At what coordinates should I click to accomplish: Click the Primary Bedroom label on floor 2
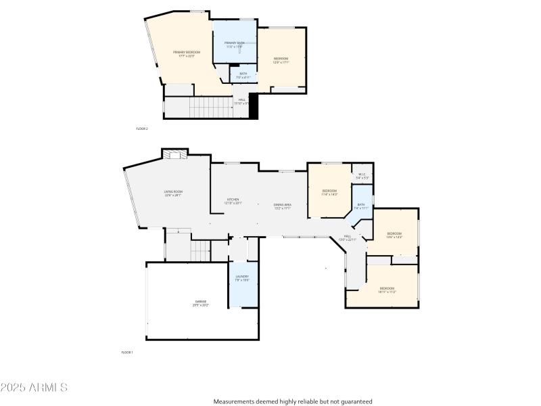[186, 54]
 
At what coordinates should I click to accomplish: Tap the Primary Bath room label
[234, 45]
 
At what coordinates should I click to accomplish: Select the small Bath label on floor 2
[243, 75]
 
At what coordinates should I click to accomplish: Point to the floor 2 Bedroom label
[281, 60]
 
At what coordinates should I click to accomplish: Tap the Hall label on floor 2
[241, 101]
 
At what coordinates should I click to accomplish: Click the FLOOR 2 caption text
[141, 129]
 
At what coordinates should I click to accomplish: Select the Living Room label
[173, 194]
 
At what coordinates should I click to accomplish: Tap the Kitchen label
[233, 201]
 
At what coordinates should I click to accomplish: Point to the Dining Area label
[282, 206]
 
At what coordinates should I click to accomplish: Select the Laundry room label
[242, 277]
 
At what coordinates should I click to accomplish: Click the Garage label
[201, 303]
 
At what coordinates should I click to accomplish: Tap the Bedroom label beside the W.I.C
[329, 192]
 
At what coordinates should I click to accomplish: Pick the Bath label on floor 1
[360, 206]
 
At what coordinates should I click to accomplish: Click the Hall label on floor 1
[347, 238]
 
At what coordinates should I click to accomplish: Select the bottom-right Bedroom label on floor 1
[387, 290]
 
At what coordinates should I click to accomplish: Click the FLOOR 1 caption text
[127, 353]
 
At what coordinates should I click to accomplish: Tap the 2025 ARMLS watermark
[34, 388]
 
